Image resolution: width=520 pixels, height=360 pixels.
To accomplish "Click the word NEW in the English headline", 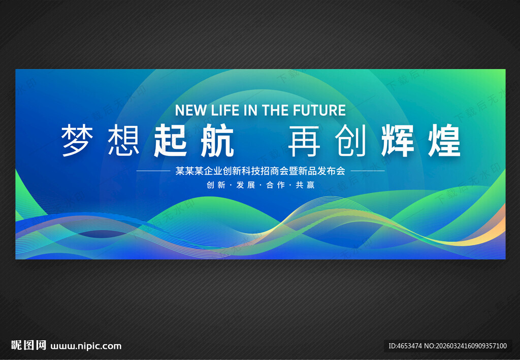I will pyautogui.click(x=190, y=110).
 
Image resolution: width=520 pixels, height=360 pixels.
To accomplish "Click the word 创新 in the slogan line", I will pyautogui.click(x=216, y=185).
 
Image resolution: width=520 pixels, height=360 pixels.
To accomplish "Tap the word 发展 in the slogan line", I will pyautogui.click(x=246, y=185).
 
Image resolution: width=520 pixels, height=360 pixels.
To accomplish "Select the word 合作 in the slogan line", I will pyautogui.click(x=275, y=185).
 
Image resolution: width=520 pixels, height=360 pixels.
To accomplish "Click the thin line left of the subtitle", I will pyautogui.click(x=153, y=171).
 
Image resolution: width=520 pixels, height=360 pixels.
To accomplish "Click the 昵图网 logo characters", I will pyautogui.click(x=29, y=346).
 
